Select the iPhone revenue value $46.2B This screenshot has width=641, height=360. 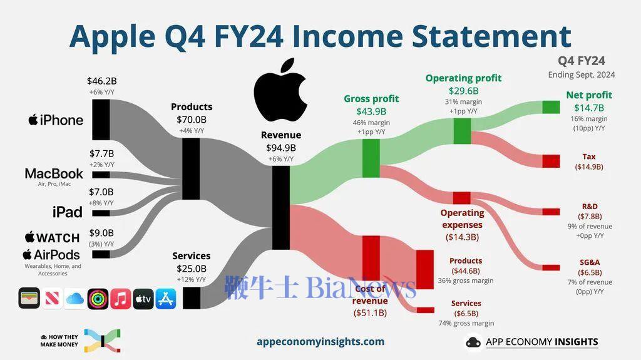tap(102, 81)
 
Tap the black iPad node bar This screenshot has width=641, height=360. tap(101, 213)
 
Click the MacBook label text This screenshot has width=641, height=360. tap(54, 173)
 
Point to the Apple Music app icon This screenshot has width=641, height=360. tap(121, 299)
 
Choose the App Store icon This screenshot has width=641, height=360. tap(166, 299)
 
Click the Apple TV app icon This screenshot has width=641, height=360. tap(143, 299)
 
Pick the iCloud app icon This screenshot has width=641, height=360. tap(75, 299)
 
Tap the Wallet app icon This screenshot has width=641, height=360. tap(29, 298)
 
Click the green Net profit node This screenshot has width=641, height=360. tap(551, 107)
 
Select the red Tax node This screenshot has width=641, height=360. tap(551, 161)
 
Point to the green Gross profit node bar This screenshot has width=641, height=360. tap(371, 158)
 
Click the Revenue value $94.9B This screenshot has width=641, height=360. tap(281, 148)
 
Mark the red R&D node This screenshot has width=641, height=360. tap(551, 212)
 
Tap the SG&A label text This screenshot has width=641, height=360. tap(590, 262)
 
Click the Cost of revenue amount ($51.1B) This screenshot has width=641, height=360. tap(370, 313)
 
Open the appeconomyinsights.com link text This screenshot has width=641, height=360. tap(320, 342)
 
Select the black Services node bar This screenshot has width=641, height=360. tap(192, 298)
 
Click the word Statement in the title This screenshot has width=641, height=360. tap(491, 36)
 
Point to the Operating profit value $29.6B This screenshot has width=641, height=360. tap(464, 91)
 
